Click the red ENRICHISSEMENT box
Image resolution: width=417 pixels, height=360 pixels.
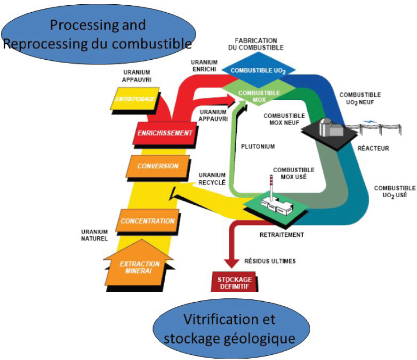[x=165, y=133]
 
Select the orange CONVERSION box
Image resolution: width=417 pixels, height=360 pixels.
[x=158, y=166]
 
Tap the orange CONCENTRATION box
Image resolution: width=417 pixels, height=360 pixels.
[x=148, y=221]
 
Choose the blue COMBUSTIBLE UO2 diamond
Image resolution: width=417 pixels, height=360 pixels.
[x=258, y=70]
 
